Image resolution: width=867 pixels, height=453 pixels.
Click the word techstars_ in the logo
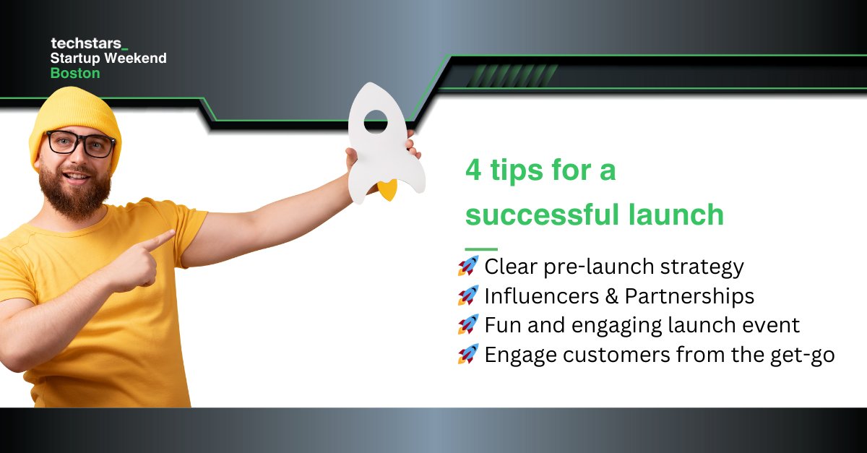point(84,44)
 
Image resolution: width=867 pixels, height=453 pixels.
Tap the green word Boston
point(75,73)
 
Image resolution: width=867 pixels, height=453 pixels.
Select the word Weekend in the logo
point(138,58)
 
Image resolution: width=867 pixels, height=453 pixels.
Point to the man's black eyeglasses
point(80,144)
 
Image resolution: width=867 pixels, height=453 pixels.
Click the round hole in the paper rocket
point(376,121)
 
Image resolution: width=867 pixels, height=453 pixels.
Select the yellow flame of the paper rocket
point(388,191)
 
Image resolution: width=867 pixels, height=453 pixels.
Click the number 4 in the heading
point(473,173)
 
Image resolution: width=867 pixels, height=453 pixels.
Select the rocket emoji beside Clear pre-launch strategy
point(468,266)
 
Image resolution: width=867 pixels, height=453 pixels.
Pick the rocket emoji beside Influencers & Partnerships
point(468,295)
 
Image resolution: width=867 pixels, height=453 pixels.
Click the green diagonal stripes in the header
point(495,75)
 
